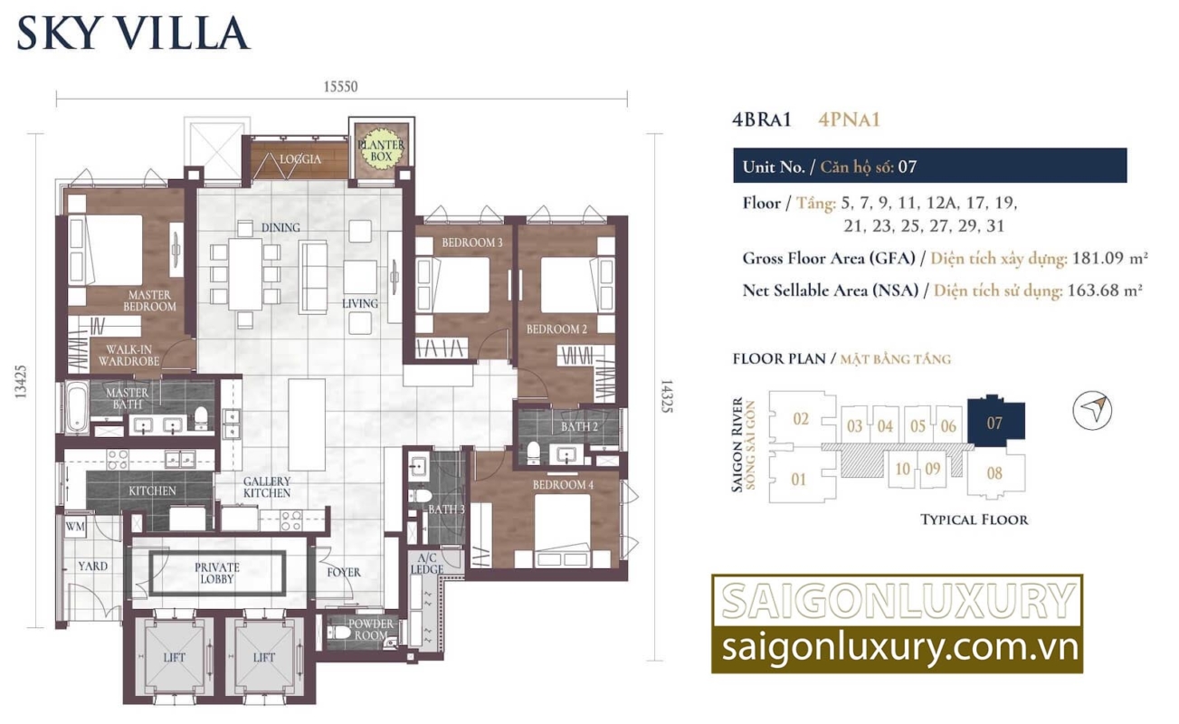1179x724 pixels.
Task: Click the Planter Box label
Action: click(381, 150)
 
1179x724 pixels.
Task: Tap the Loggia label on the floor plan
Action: click(300, 159)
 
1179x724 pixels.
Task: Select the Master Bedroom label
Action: click(149, 300)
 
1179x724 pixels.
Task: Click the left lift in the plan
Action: click(174, 657)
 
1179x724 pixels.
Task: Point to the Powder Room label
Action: click(371, 630)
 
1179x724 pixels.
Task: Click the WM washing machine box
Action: click(75, 527)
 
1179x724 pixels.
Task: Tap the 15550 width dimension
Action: click(340, 86)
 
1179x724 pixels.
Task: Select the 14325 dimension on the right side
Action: click(666, 396)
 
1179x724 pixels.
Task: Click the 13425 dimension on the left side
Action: click(21, 382)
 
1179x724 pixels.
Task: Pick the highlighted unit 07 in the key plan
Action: click(996, 421)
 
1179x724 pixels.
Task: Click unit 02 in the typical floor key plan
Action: click(801, 419)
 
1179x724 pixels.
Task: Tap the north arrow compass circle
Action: click(1092, 410)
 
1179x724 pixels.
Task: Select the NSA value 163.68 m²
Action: click(1105, 291)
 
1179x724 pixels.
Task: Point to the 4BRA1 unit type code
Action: click(762, 120)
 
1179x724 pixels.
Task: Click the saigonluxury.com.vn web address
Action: click(899, 648)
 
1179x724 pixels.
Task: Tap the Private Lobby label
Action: click(217, 573)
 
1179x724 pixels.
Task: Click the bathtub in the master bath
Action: click(77, 407)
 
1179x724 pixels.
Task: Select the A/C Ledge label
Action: click(427, 564)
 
